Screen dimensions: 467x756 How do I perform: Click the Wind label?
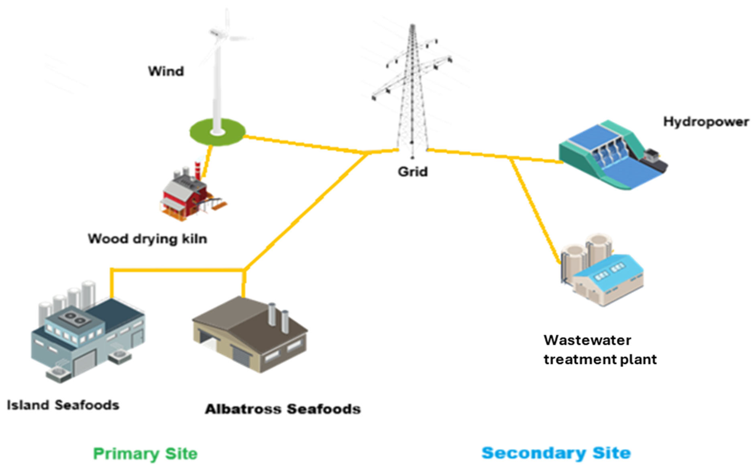click(x=166, y=71)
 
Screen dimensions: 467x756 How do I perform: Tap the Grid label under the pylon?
click(x=412, y=172)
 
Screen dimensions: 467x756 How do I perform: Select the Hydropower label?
click(x=706, y=122)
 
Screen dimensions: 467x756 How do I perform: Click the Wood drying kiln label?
click(x=147, y=239)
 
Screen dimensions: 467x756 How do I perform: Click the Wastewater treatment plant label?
click(x=599, y=350)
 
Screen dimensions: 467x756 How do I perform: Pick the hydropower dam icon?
click(x=612, y=155)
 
